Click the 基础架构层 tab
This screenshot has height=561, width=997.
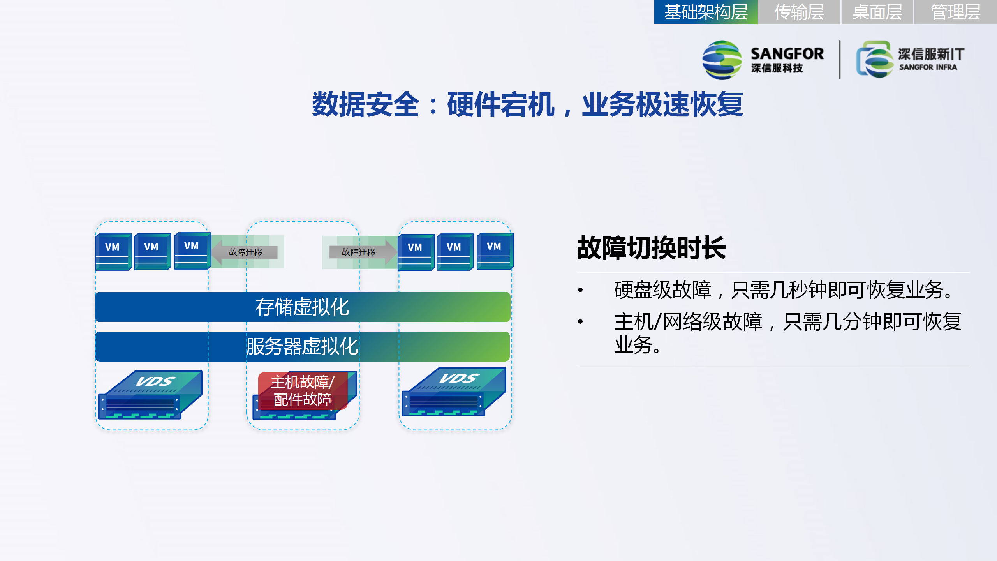coord(706,12)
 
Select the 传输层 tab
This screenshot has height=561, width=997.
coord(799,12)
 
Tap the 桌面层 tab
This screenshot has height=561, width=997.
coord(877,12)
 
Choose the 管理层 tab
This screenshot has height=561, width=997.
coord(955,12)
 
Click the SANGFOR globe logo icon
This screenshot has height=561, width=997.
coord(722,60)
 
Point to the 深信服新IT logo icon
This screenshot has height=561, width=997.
coord(875,59)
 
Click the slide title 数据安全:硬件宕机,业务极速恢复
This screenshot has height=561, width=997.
coord(527,104)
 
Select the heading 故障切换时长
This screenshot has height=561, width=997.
coord(651,248)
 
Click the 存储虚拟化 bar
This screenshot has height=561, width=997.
coord(303,307)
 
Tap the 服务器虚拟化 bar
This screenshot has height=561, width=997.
coord(302,346)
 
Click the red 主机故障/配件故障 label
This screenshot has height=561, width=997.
coord(303,391)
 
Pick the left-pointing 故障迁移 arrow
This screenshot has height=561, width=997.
coord(245,252)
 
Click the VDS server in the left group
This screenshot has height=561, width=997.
coord(150,395)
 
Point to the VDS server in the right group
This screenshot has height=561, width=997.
coord(454,392)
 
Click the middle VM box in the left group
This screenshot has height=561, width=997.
coord(152,252)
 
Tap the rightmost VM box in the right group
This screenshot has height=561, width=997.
coord(495,251)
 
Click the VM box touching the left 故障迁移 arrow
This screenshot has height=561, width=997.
coord(192,251)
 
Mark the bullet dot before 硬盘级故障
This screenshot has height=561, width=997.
coord(580,290)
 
